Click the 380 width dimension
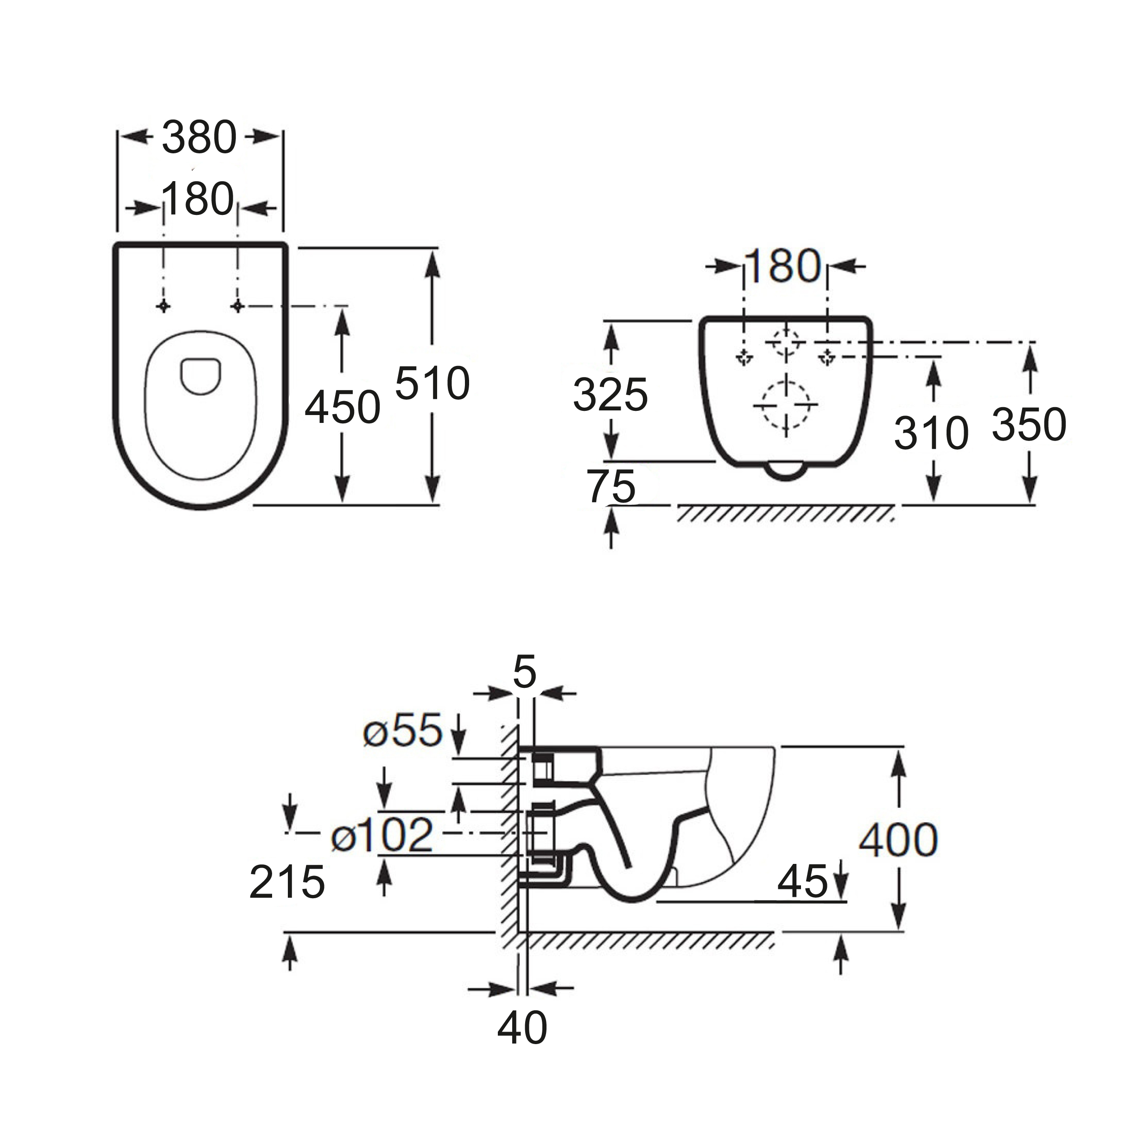tap(199, 137)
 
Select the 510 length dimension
tap(432, 383)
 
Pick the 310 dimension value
tap(931, 433)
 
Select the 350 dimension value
tap(1029, 424)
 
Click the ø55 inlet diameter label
tap(403, 732)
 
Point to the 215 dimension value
tap(287, 882)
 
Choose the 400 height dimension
tap(898, 839)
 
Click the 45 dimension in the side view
tap(802, 882)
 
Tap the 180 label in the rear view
tap(782, 265)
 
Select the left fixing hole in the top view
tap(164, 306)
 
